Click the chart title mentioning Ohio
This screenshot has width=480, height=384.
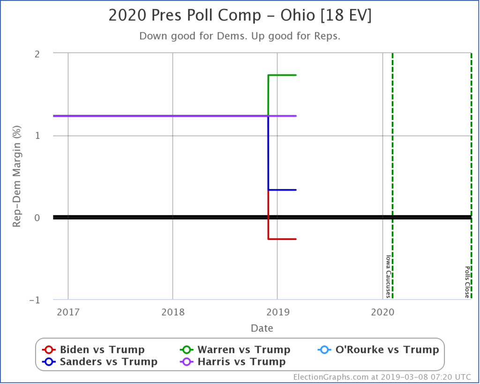(x=240, y=16)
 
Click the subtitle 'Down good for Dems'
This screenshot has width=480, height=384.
(x=240, y=36)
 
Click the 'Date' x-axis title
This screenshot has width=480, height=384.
(x=262, y=328)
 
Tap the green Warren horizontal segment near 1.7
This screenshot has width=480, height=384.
(x=282, y=75)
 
